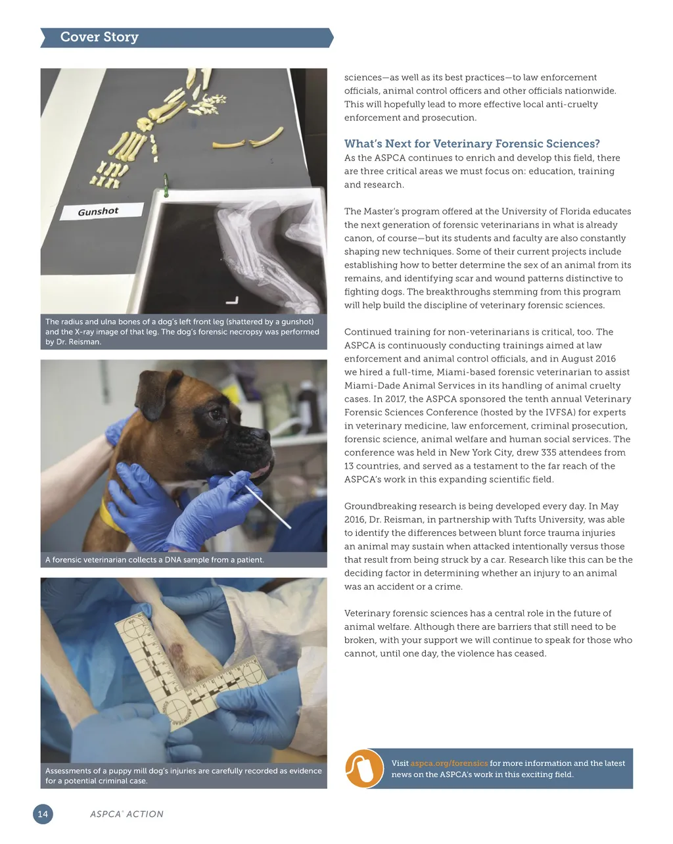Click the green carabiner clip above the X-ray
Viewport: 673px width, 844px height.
pyautogui.click(x=166, y=185)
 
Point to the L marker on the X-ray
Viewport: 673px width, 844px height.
pyautogui.click(x=231, y=300)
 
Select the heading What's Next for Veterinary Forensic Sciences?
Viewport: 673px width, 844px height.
pyautogui.click(x=472, y=143)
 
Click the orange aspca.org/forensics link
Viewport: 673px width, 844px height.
pyautogui.click(x=449, y=763)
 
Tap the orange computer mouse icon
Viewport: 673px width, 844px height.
pyautogui.click(x=364, y=768)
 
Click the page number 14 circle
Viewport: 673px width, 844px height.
pyautogui.click(x=43, y=814)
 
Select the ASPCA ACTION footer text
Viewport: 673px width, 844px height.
pyautogui.click(x=127, y=814)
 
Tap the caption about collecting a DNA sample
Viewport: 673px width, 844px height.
pyautogui.click(x=155, y=560)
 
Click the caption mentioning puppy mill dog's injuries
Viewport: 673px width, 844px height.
pyautogui.click(x=183, y=776)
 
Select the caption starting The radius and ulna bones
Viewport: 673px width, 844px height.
pyautogui.click(x=183, y=331)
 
